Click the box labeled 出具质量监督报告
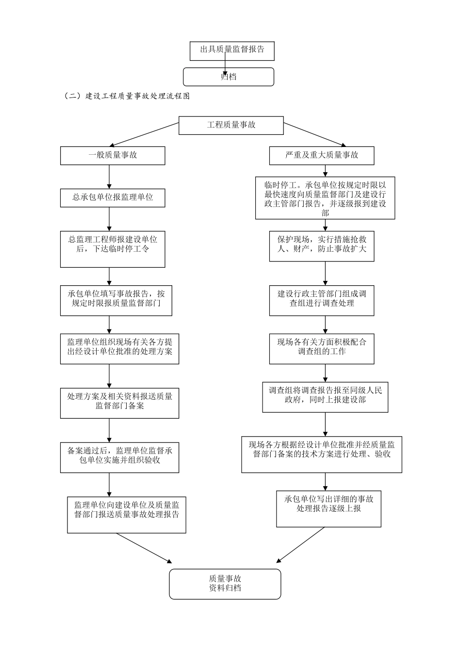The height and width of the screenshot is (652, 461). coord(232,50)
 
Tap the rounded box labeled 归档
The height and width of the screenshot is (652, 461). coord(228,77)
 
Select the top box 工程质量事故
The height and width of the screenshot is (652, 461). coord(231,125)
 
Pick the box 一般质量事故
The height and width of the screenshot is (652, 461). coord(113,156)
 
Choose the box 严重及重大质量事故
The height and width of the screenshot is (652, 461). coord(322,156)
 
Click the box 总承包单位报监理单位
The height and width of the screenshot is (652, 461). coord(113,197)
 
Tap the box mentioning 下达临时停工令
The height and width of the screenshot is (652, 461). coord(113,249)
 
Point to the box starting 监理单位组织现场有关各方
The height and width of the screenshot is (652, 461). coord(119,348)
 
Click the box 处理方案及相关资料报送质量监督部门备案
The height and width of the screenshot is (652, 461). coord(119,403)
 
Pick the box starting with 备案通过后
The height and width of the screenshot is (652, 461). coord(119,457)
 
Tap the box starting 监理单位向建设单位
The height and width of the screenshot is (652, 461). coord(126,514)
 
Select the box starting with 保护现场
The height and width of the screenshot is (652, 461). coord(322,246)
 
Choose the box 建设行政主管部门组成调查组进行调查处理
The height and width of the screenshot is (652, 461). coord(322,300)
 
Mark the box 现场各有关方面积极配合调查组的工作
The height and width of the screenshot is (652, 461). coord(322,348)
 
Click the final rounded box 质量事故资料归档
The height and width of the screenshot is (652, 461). coord(225,584)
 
